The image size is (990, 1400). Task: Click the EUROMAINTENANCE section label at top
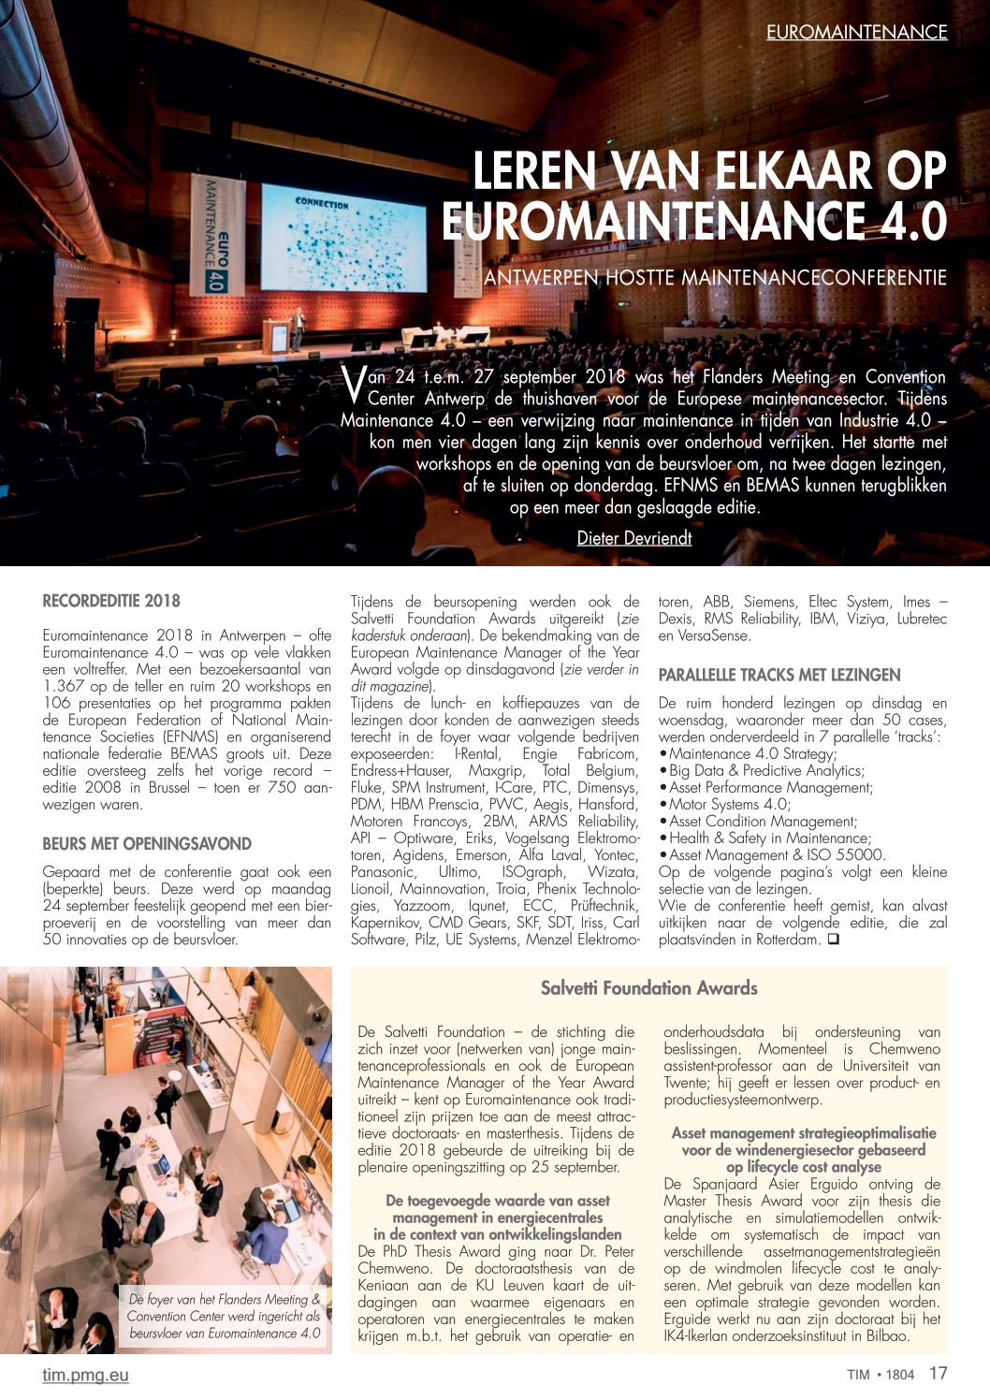[856, 32]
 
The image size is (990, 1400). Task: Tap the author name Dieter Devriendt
[634, 537]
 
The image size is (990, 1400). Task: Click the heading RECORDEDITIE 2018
[111, 601]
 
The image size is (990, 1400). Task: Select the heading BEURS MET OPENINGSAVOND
[147, 843]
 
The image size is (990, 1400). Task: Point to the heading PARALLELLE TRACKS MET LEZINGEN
[779, 675]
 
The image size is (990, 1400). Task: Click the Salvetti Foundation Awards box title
[648, 988]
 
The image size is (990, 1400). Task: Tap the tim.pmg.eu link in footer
[85, 1375]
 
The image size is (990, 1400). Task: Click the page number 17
[938, 1374]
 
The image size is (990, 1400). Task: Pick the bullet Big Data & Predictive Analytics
[766, 770]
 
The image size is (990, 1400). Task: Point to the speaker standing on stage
[298, 329]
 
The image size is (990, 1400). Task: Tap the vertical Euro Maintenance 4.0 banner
[219, 237]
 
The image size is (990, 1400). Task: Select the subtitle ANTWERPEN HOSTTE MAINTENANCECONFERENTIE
[715, 278]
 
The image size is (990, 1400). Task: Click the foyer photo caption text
[225, 1316]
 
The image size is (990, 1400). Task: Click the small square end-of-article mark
[832, 939]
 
